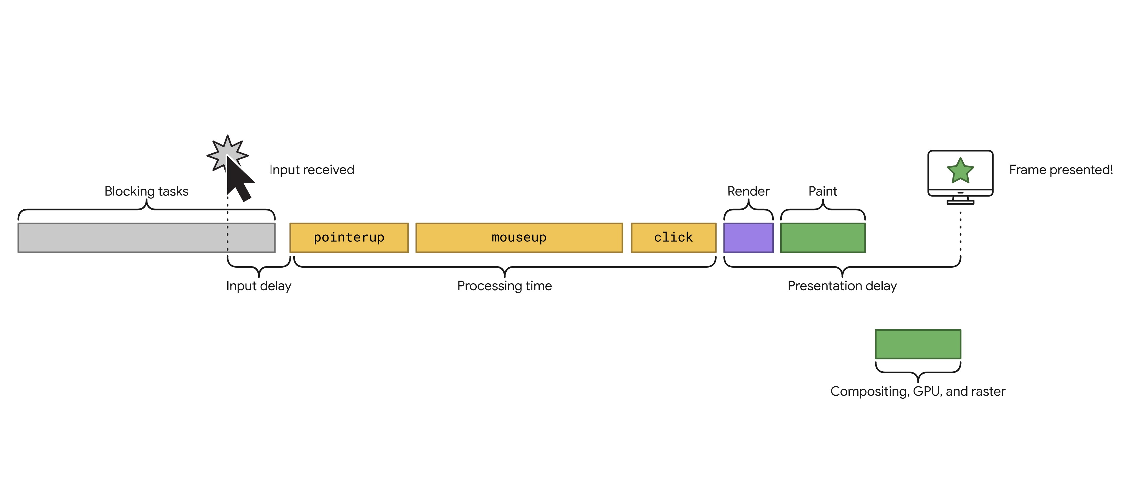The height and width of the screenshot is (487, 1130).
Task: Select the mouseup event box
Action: (x=519, y=238)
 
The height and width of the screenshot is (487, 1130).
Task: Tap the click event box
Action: (x=673, y=238)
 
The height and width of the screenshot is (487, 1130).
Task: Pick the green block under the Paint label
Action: (x=823, y=238)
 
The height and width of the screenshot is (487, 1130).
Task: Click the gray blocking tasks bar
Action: (x=132, y=238)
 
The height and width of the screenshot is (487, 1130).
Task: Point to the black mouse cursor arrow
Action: (x=239, y=180)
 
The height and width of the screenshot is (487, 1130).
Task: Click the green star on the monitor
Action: (x=960, y=171)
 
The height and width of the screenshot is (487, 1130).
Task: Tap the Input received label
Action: (x=312, y=170)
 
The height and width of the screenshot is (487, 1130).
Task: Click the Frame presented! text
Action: (x=1061, y=170)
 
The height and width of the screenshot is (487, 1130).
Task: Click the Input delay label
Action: (x=259, y=286)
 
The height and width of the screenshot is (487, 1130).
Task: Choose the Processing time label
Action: (x=504, y=286)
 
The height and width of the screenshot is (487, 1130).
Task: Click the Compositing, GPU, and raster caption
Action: (x=918, y=391)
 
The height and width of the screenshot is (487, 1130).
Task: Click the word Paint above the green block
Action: (x=823, y=191)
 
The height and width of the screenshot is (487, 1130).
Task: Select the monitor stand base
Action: (x=960, y=202)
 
